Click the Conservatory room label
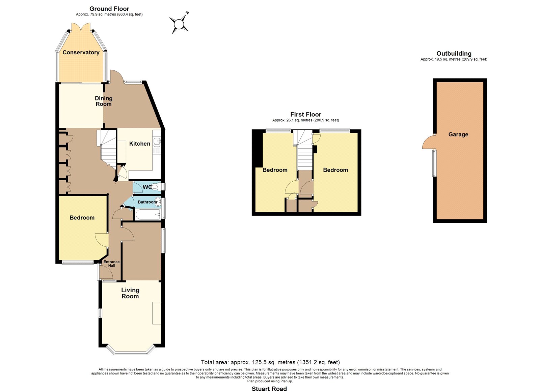tap(81, 53)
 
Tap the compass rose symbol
tap(179, 24)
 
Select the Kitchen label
tap(140, 144)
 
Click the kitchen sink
tap(157, 142)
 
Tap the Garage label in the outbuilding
tap(458, 134)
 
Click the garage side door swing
tap(428, 142)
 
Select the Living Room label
tap(130, 293)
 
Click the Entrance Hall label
tap(111, 264)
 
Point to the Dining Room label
tap(103, 101)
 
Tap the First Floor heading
tap(306, 114)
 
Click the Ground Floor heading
tap(109, 9)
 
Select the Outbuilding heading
tap(454, 54)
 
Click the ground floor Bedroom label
tap(82, 218)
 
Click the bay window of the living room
tap(130, 350)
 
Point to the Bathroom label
tap(147, 202)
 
